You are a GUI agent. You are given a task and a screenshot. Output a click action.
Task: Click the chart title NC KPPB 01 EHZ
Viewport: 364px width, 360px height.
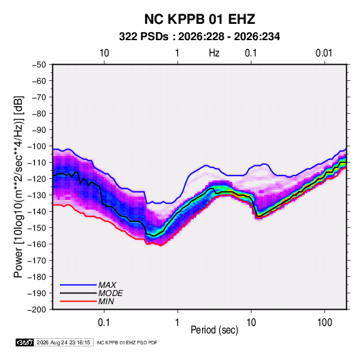click(199, 19)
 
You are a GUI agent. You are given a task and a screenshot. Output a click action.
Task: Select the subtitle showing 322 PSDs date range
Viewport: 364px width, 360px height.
click(199, 37)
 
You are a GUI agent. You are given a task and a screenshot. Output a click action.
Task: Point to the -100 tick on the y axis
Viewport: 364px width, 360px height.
click(37, 146)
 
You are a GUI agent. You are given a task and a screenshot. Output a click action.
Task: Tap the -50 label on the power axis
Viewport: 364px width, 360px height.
click(39, 65)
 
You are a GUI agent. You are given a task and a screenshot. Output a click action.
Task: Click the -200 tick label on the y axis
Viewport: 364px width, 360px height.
click(37, 310)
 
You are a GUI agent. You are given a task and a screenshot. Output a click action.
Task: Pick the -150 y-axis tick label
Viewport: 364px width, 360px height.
click(37, 227)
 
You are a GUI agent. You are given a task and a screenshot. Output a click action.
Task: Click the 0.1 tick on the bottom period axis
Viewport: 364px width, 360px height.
click(104, 322)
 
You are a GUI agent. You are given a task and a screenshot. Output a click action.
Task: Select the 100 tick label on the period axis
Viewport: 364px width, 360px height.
click(325, 322)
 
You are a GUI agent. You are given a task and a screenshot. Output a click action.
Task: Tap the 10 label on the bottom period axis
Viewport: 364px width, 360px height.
click(251, 322)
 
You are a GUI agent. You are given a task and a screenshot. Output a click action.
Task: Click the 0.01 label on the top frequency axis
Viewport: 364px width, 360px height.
click(324, 53)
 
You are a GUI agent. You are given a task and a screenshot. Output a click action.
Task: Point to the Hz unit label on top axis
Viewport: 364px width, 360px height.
click(214, 53)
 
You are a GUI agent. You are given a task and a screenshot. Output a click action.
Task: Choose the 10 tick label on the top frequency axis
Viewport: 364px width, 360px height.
click(104, 53)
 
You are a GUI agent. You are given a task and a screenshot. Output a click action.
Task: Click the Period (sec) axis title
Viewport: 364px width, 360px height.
click(214, 330)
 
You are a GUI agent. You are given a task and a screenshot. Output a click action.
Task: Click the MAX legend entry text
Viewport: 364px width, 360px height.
click(107, 284)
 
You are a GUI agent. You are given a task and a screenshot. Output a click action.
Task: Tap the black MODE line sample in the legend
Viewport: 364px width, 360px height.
click(78, 293)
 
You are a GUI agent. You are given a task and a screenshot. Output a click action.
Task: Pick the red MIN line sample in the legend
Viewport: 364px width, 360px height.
click(78, 301)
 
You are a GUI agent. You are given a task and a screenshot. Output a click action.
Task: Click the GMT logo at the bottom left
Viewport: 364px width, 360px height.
click(25, 342)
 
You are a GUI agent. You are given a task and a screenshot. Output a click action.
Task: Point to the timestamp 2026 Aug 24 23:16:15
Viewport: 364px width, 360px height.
click(63, 342)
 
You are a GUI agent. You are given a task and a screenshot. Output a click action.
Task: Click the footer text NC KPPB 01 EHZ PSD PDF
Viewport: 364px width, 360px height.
click(127, 342)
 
